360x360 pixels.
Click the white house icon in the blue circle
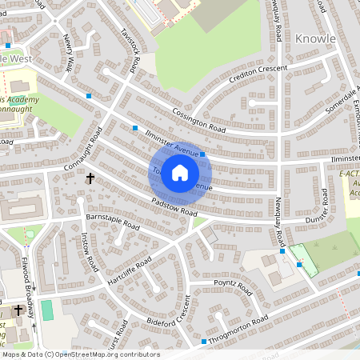180,172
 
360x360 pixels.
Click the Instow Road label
89,250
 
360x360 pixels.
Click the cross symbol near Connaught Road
90,178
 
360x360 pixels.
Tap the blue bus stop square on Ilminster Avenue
203,154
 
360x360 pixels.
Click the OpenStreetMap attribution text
80,354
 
